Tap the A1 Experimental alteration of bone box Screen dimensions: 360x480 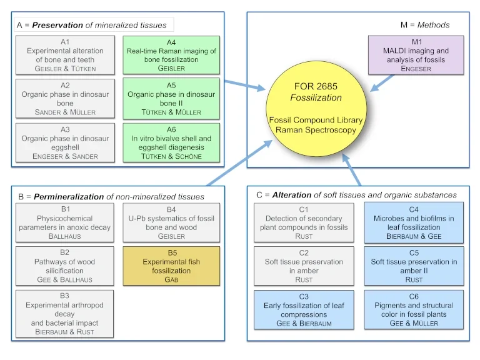coord(66,55)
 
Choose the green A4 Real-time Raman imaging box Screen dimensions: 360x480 coord(171,55)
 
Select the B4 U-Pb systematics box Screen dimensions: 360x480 coord(171,223)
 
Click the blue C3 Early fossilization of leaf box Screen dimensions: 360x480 coord(304,310)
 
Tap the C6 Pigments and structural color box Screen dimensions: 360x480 coord(413,310)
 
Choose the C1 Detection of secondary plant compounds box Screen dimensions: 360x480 coord(304,223)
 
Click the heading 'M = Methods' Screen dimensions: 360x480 coord(424,25)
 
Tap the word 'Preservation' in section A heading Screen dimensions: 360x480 coord(57,25)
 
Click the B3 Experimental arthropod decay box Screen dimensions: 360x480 coord(66,314)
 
